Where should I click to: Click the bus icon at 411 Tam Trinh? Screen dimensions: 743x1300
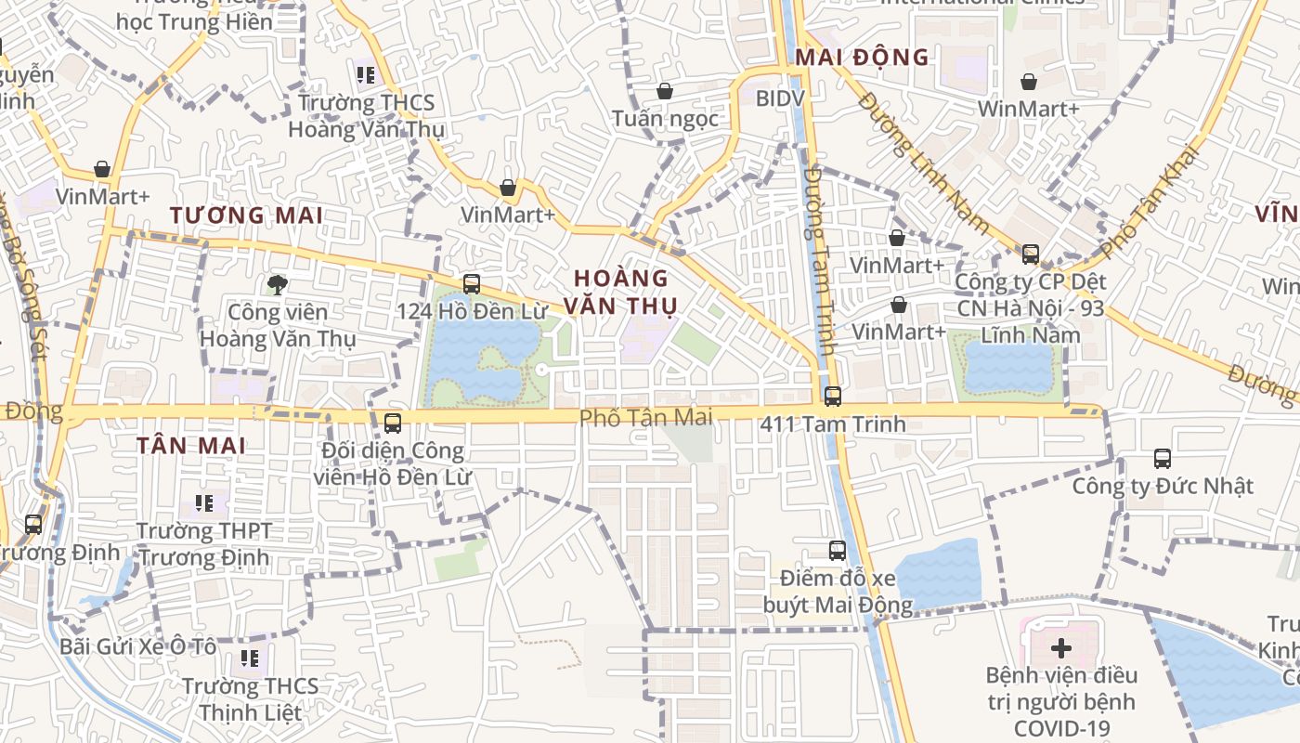pyautogui.click(x=833, y=397)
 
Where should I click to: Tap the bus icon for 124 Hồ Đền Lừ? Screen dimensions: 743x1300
pyautogui.click(x=472, y=284)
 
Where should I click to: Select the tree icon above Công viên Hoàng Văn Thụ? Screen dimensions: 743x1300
pyautogui.click(x=277, y=285)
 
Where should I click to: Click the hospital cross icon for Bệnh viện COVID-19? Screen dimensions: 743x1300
pyautogui.click(x=1061, y=647)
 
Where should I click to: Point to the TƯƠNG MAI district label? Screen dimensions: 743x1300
pyautogui.click(x=246, y=215)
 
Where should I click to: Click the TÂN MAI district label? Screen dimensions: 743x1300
pyautogui.click(x=191, y=446)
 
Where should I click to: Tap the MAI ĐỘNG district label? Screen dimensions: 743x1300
pyautogui.click(x=862, y=58)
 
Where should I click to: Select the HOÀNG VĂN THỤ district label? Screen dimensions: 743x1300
pyautogui.click(x=621, y=291)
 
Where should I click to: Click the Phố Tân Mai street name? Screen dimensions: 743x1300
pyautogui.click(x=646, y=418)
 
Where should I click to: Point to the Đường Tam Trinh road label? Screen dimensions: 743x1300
pyautogui.click(x=821, y=260)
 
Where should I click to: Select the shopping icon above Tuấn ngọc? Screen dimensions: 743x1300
pyautogui.click(x=664, y=91)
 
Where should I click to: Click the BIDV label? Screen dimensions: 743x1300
pyautogui.click(x=780, y=98)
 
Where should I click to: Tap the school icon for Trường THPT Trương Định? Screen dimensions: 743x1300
pyautogui.click(x=204, y=504)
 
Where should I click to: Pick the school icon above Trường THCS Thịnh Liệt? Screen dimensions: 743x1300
pyautogui.click(x=249, y=658)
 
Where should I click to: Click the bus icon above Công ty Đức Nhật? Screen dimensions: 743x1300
pyautogui.click(x=1163, y=458)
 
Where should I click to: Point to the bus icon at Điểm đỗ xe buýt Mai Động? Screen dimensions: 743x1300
pyautogui.click(x=838, y=551)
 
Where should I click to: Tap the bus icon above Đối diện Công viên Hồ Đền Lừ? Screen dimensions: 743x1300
pyautogui.click(x=393, y=424)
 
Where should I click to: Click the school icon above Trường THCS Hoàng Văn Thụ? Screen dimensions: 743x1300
pyautogui.click(x=365, y=74)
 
